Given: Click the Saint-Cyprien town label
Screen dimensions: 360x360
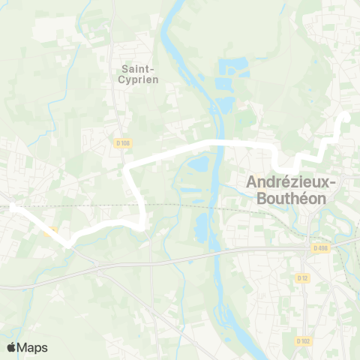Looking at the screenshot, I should [x=139, y=73].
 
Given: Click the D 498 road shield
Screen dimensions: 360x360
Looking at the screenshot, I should [x=320, y=248].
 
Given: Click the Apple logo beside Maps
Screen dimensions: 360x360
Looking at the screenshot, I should [x=11, y=347].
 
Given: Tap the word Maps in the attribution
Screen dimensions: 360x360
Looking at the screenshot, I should [x=32, y=347].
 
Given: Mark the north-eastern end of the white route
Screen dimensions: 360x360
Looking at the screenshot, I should [x=346, y=117].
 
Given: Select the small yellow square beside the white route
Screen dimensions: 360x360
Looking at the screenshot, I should [x=51, y=232].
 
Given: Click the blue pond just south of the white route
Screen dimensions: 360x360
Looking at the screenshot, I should [x=198, y=164].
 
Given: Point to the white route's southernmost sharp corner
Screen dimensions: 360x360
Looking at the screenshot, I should [x=68, y=244].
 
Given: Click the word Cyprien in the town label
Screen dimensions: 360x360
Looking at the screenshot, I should [x=139, y=79].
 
